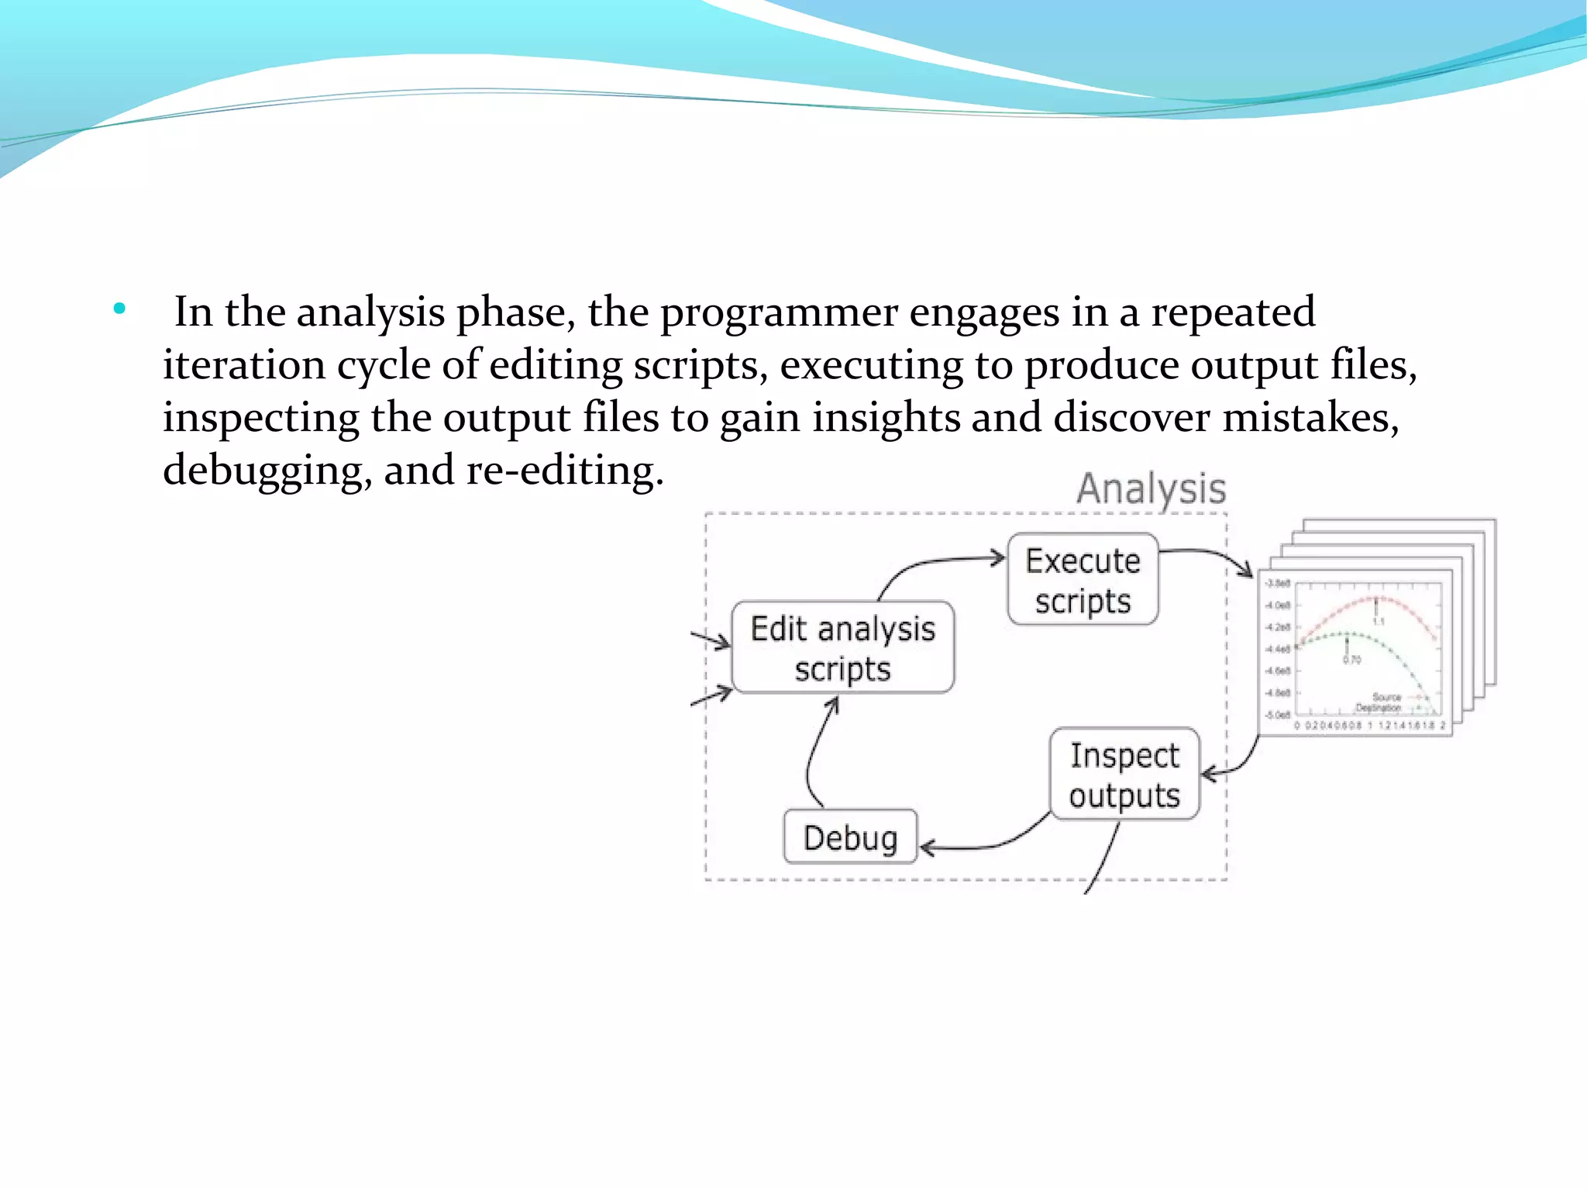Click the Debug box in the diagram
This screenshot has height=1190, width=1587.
point(850,837)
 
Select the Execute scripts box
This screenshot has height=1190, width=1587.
point(1083,579)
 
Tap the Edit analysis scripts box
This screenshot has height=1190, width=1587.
point(842,647)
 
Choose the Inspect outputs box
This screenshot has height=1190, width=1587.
point(1124,774)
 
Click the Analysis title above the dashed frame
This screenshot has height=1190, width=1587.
point(1151,488)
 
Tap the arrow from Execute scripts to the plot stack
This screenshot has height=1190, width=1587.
point(1213,556)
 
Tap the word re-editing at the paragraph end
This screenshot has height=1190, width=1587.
point(564,471)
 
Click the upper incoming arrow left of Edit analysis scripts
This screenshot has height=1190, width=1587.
point(711,640)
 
